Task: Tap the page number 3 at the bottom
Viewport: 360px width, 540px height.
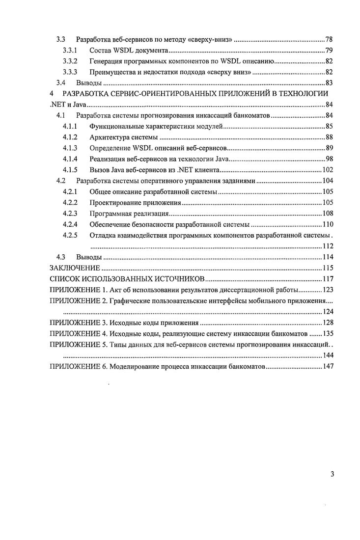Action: coord(332,474)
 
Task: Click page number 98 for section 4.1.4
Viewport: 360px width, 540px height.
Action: coord(329,159)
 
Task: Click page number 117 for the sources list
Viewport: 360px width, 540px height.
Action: coord(328,279)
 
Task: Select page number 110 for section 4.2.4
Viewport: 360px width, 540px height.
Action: coord(328,225)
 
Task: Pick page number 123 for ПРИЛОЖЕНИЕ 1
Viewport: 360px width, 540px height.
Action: coord(328,290)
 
